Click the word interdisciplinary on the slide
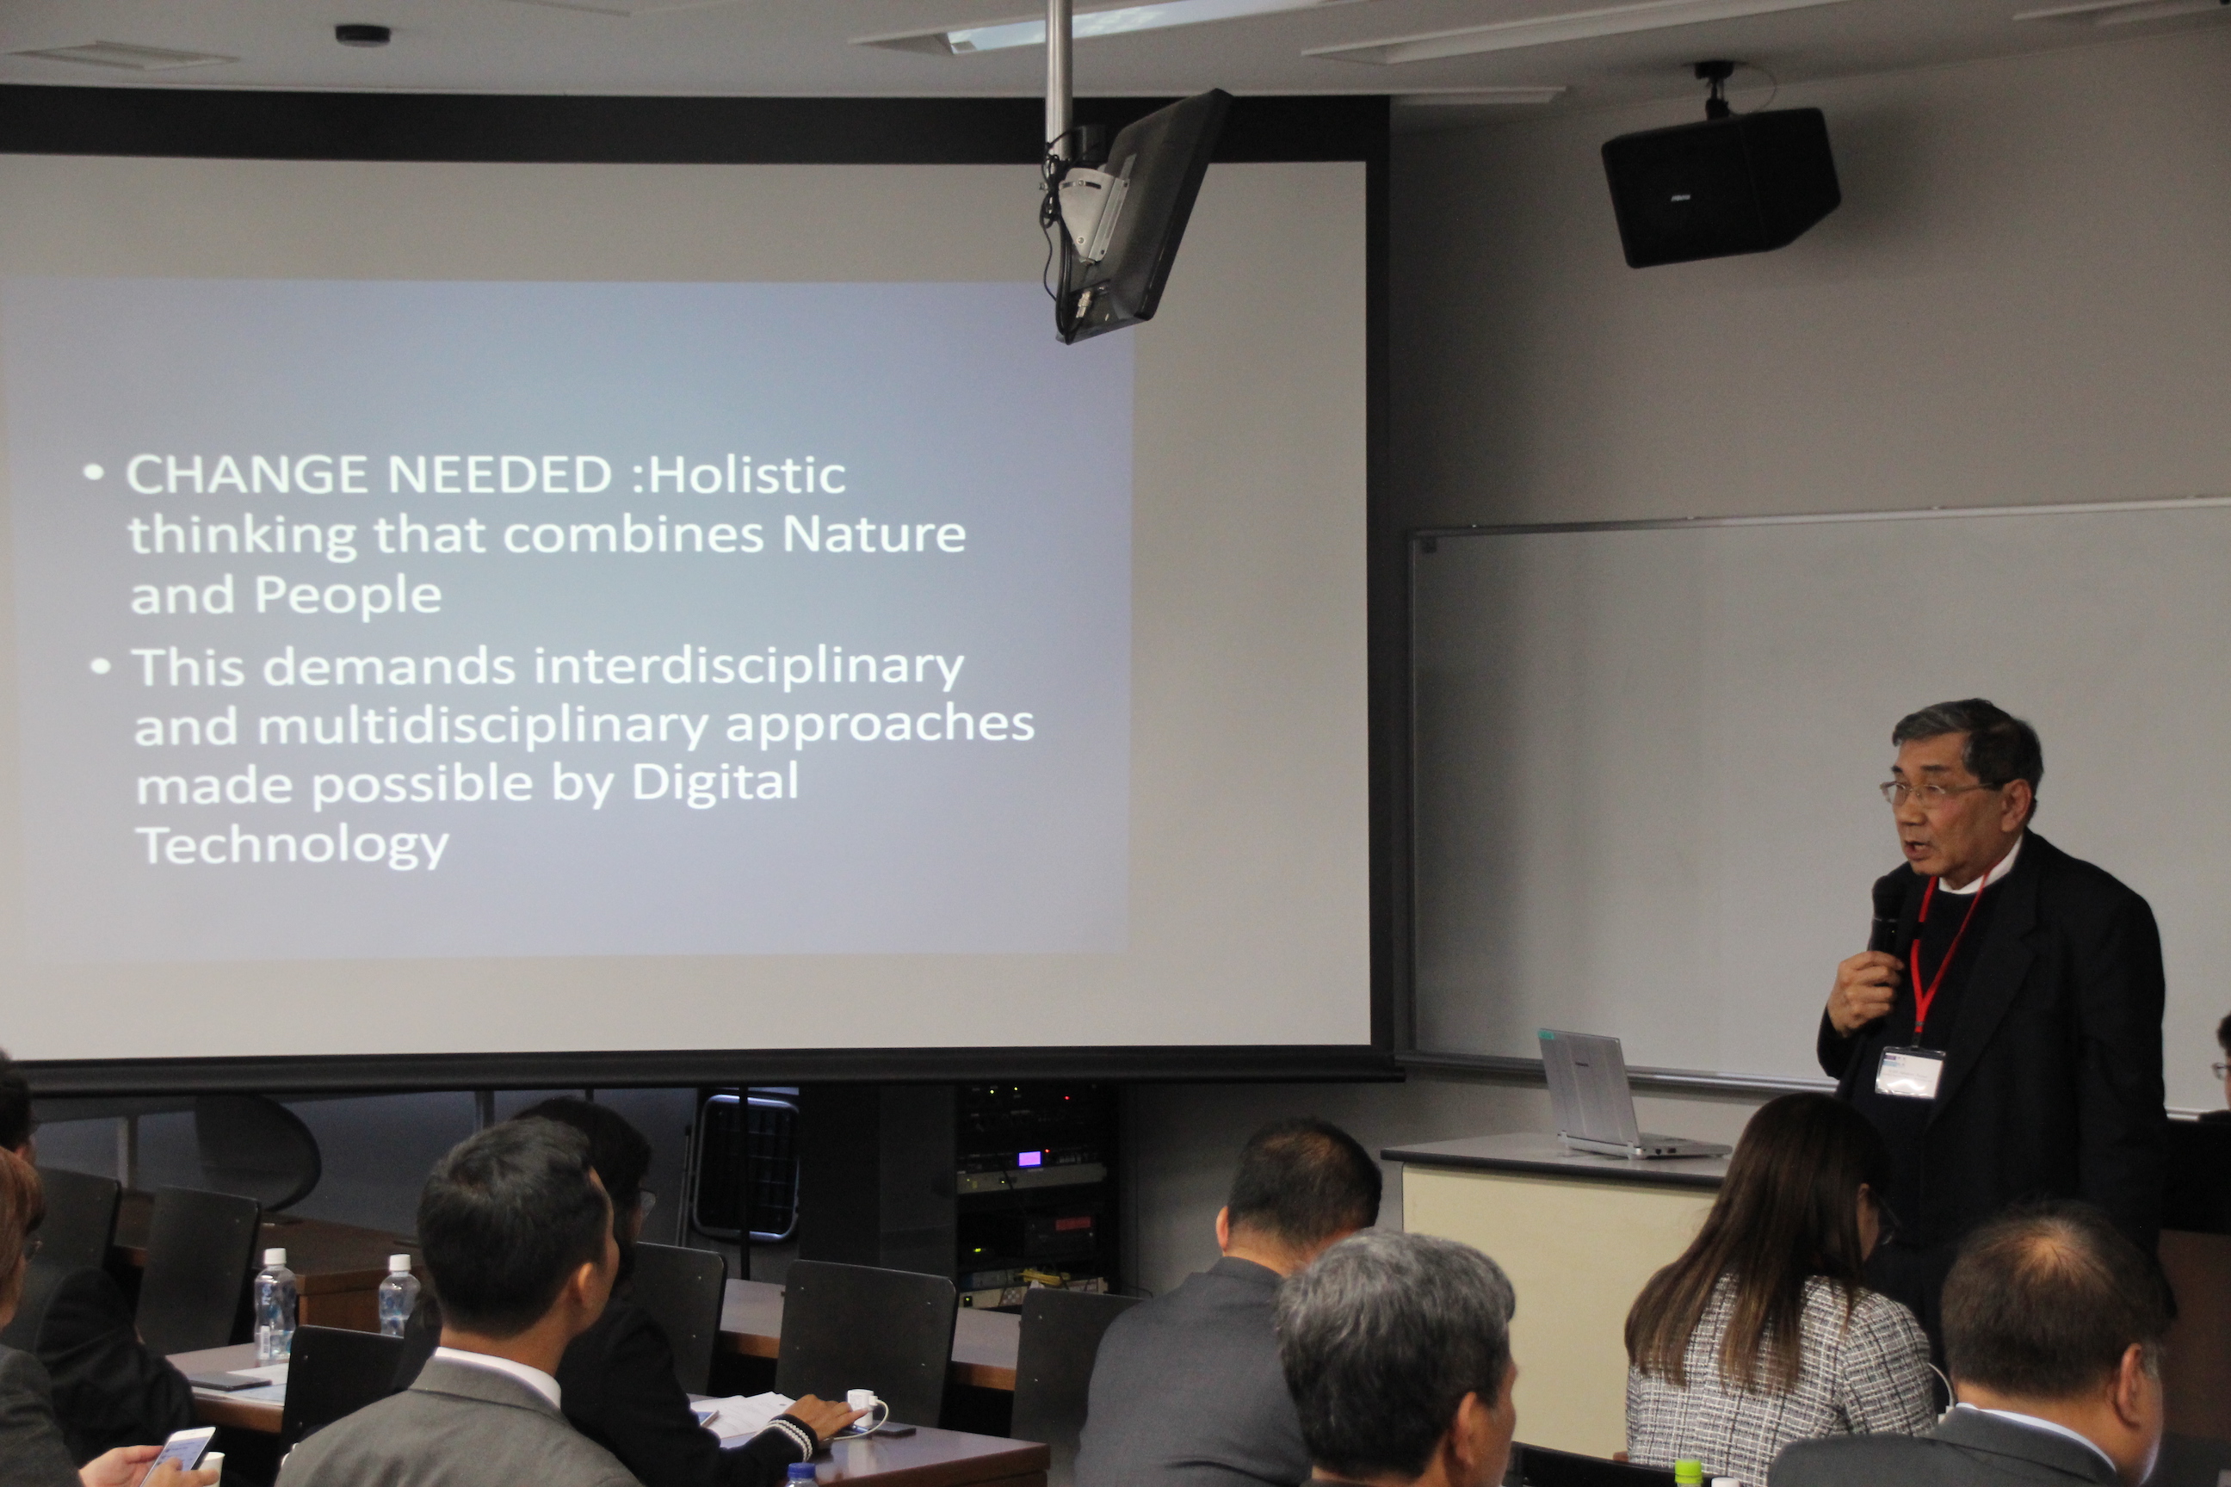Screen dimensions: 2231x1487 click(x=749, y=666)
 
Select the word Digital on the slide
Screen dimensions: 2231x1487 click(x=714, y=784)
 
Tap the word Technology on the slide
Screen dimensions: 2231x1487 click(x=294, y=844)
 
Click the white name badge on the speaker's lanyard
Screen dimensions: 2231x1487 click(x=1908, y=1072)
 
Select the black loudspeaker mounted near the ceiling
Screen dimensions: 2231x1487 click(x=1720, y=186)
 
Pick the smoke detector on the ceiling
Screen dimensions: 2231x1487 click(x=362, y=35)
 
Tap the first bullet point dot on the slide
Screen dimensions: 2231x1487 click(x=93, y=472)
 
